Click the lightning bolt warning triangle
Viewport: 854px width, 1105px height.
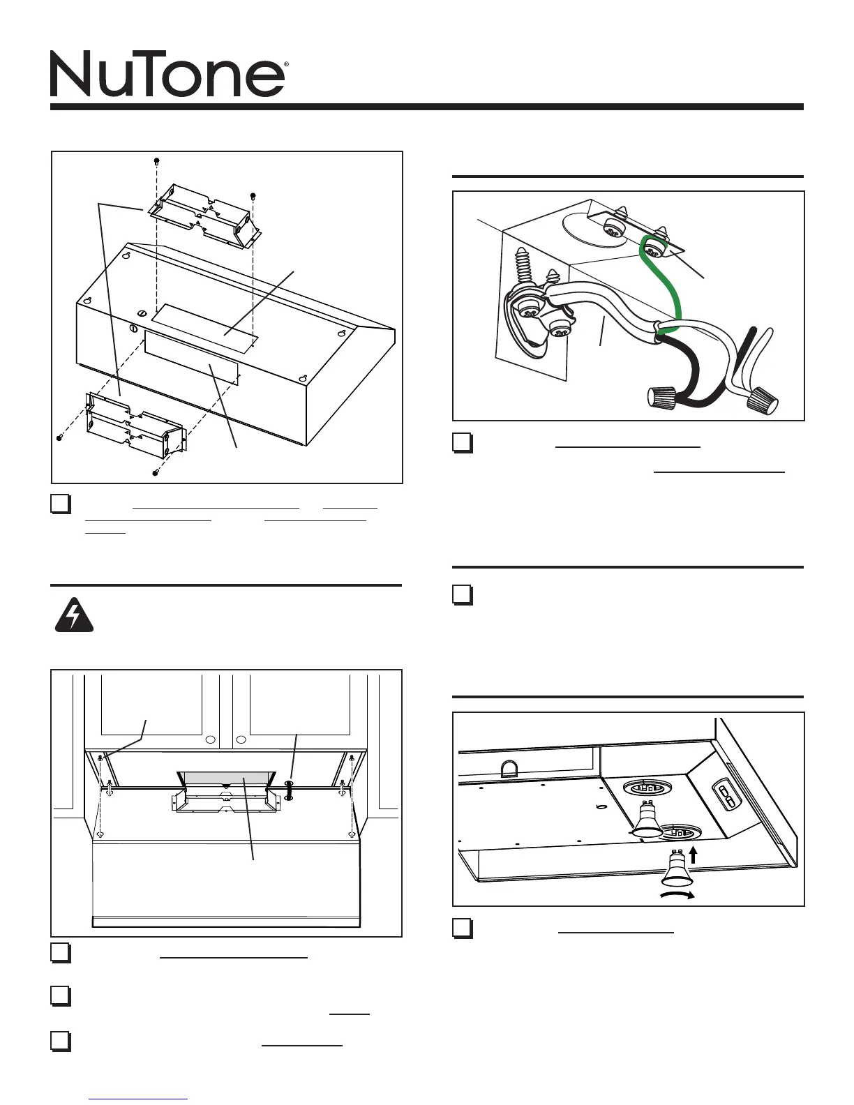[73, 616]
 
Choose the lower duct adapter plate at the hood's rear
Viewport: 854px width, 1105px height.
[134, 426]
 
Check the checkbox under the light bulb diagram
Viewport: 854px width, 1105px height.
[463, 929]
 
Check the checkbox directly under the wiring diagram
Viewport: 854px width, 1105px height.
[463, 443]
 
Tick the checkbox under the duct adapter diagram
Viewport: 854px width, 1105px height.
[61, 504]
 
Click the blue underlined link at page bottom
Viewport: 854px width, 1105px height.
[139, 1099]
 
